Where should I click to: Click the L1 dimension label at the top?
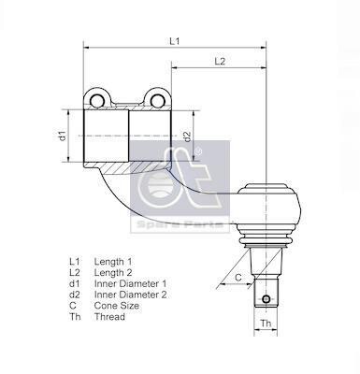coord(175,41)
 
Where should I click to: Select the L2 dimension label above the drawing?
coord(220,61)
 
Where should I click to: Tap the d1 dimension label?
coord(64,136)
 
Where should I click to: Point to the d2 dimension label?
coord(187,137)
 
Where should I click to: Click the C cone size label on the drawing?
coord(238,278)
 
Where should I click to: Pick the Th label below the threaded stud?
coord(266,324)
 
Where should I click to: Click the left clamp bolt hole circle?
coord(97,100)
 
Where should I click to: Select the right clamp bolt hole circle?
coord(156,100)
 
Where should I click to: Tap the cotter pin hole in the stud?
coord(266,299)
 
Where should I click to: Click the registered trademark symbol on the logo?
coord(198,151)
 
